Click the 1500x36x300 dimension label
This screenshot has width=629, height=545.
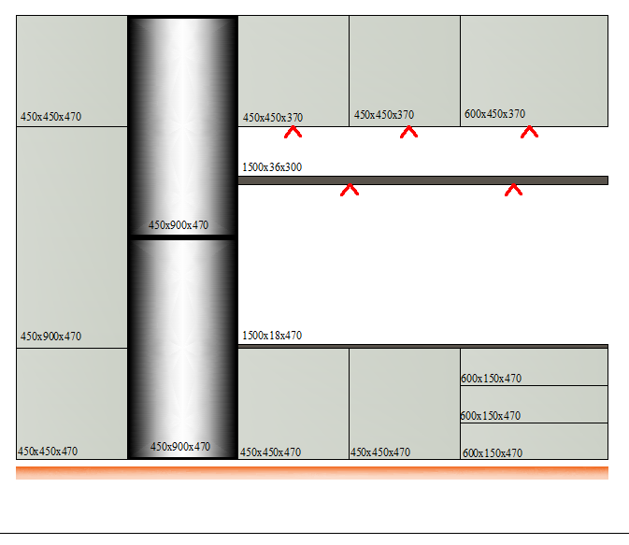pyautogui.click(x=272, y=167)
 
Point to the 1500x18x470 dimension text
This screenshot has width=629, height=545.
pyautogui.click(x=272, y=335)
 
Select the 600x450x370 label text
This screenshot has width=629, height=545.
pyautogui.click(x=494, y=114)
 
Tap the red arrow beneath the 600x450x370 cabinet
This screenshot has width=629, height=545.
pyautogui.click(x=529, y=132)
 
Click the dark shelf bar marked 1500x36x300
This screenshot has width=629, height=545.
pyautogui.click(x=423, y=180)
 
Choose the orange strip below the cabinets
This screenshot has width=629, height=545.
pyautogui.click(x=312, y=473)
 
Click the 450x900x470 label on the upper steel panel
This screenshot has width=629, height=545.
pyautogui.click(x=179, y=225)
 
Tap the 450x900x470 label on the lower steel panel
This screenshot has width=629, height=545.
pyautogui.click(x=180, y=447)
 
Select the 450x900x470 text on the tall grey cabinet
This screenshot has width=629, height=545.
pyautogui.click(x=51, y=337)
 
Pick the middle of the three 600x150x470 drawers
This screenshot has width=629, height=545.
pyautogui.click(x=534, y=404)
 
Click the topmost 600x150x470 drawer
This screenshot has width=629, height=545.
pyautogui.click(x=534, y=366)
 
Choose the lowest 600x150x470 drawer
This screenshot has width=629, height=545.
pyautogui.click(x=534, y=441)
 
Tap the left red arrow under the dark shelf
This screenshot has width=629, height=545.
pyautogui.click(x=350, y=190)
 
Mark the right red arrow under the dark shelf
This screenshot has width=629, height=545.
pyautogui.click(x=513, y=190)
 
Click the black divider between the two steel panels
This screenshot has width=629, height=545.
pyautogui.click(x=182, y=237)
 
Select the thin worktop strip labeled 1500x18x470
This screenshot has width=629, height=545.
pyautogui.click(x=423, y=346)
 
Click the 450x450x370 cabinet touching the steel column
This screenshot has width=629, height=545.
pyautogui.click(x=293, y=71)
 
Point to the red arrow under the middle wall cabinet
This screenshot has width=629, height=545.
pyautogui.click(x=408, y=132)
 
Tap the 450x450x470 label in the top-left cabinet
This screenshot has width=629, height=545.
pyautogui.click(x=51, y=117)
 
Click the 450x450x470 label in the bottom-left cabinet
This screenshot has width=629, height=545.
pyautogui.click(x=48, y=452)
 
